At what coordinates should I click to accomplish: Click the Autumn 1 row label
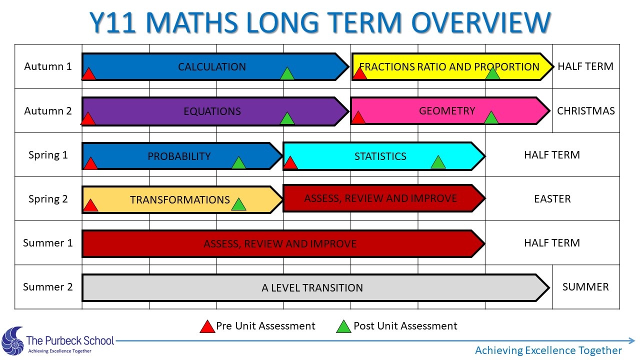[x=47, y=66]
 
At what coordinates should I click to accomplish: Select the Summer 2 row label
[x=47, y=287]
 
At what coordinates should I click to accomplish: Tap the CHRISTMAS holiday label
[x=585, y=111]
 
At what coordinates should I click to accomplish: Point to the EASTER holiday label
[x=552, y=199]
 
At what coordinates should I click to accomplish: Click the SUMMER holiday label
[x=585, y=287]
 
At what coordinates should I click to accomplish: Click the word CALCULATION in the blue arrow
[x=212, y=67]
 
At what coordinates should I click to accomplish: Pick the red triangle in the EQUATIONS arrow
[x=88, y=118]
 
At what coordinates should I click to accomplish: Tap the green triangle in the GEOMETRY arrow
[x=491, y=117]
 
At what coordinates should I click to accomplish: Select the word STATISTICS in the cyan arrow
[x=380, y=156]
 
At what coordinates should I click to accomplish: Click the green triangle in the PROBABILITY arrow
[x=238, y=162]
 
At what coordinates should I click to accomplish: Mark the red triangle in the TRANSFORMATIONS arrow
[x=90, y=205]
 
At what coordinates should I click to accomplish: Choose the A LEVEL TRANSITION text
[x=312, y=287]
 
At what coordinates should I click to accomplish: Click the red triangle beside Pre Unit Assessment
[x=207, y=326]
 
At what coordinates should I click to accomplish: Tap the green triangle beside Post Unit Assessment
[x=343, y=326]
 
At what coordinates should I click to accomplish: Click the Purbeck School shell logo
[x=12, y=341]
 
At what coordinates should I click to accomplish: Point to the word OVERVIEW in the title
[x=481, y=22]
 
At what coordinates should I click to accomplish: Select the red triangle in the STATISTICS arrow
[x=290, y=162]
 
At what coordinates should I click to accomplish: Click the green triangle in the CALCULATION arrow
[x=287, y=73]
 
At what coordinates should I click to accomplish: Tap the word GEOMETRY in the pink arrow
[x=447, y=111]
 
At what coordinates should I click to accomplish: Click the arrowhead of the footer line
[x=631, y=340]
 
